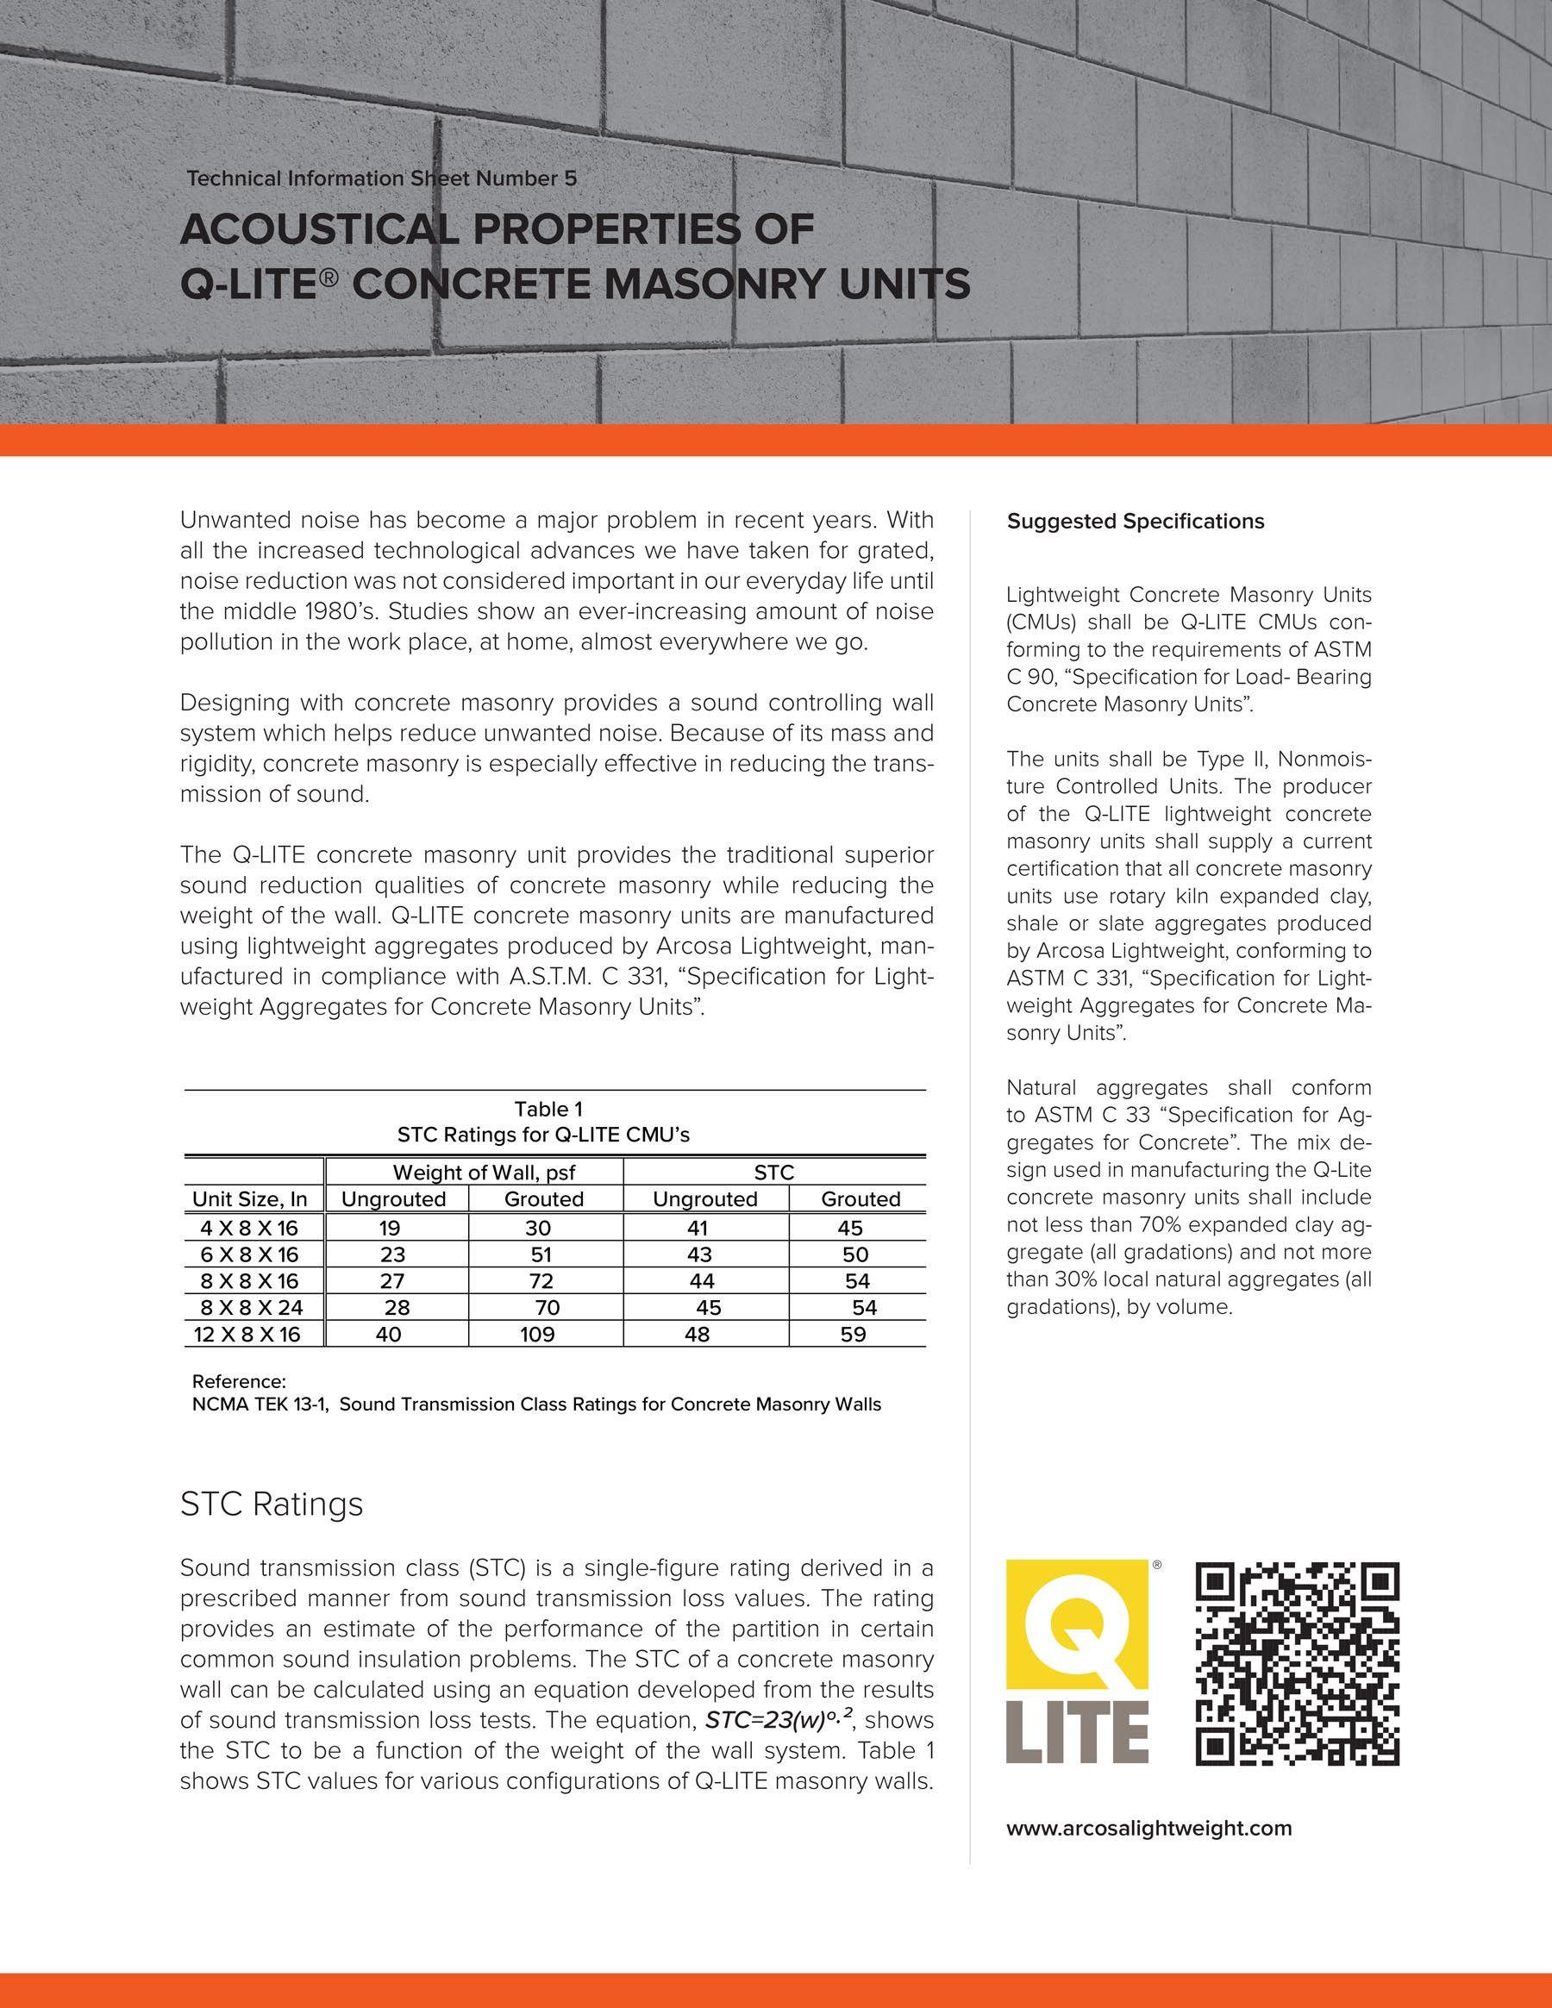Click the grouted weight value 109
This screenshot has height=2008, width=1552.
pos(538,1334)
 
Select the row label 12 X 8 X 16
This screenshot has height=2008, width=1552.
pos(247,1334)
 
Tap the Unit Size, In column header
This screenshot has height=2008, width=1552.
pos(249,1199)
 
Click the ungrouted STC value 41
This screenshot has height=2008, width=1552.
pos(698,1229)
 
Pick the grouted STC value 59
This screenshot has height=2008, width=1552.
pos(854,1334)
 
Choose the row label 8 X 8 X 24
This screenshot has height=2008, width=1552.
pos(251,1307)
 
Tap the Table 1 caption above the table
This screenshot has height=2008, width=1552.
pos(548,1109)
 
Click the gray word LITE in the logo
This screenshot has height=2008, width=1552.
pos(1077,1732)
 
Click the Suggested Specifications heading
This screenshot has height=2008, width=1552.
pos(1135,522)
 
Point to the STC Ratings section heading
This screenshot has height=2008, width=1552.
pos(272,1504)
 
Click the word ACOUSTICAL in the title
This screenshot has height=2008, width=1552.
pos(318,229)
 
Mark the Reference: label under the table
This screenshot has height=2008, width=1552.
pos(239,1382)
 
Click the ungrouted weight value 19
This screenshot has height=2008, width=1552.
pos(389,1229)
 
